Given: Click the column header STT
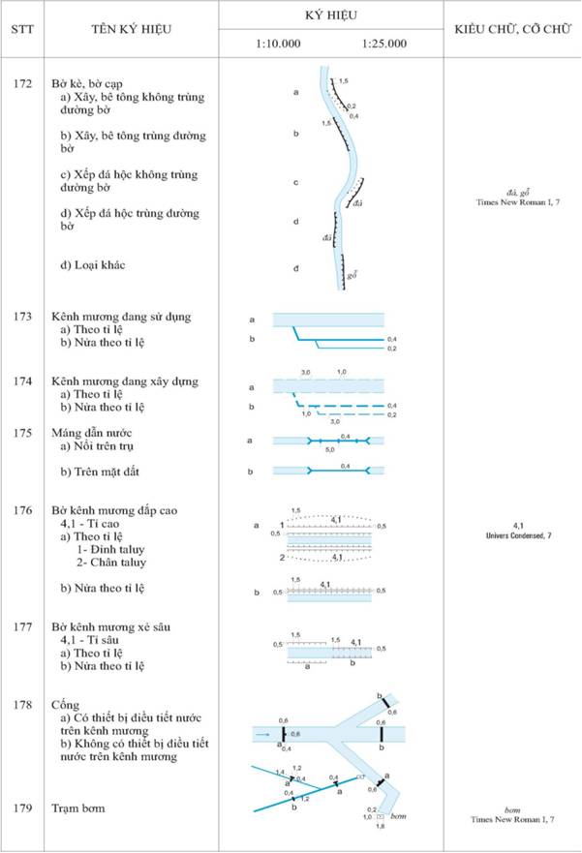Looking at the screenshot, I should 22,28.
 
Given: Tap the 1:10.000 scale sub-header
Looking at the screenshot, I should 278,44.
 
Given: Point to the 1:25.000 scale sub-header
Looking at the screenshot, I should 383,44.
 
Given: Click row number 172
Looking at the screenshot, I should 23,84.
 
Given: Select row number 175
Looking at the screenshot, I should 23,432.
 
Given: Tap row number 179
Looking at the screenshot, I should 23,807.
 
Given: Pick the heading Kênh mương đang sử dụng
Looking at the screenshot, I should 122,317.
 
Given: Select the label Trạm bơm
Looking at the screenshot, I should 78,807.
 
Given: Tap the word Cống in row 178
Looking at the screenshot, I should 66,706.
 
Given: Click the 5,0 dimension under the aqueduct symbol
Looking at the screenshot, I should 329,450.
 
